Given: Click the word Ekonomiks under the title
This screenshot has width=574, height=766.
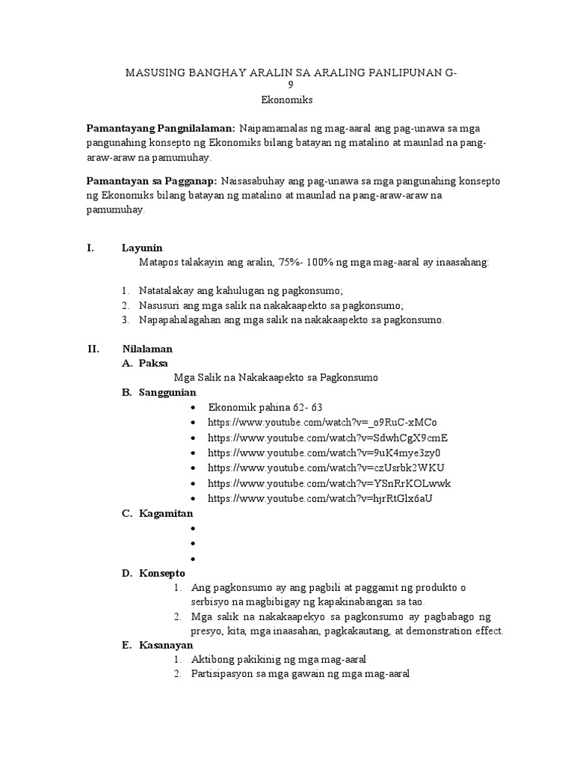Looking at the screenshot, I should tap(286, 99).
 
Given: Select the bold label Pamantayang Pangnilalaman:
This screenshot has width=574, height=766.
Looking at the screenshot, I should tap(161, 129).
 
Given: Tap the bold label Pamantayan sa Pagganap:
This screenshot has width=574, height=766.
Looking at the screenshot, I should tap(152, 181).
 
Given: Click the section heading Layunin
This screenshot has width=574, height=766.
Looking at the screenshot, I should tap(142, 248).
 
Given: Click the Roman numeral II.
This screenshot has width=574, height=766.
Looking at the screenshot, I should tap(93, 349).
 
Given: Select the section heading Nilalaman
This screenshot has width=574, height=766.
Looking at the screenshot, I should tap(147, 349).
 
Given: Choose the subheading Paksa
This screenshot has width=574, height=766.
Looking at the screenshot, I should tap(153, 363).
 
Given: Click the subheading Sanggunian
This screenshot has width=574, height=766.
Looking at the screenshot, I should tap(167, 392).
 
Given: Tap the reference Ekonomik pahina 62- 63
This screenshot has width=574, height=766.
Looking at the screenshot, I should tap(265, 408).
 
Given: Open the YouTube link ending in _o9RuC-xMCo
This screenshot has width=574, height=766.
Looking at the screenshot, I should tap(323, 423).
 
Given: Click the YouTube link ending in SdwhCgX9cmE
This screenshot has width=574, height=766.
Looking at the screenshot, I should tap(328, 438).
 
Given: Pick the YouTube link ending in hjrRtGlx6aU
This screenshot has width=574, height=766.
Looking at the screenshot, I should tap(321, 498).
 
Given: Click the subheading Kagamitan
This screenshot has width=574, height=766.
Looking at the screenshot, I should tap(166, 513).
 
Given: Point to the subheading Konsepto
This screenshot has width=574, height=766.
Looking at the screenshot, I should tap(161, 573).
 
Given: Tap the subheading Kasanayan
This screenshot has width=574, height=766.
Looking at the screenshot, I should tap(166, 645).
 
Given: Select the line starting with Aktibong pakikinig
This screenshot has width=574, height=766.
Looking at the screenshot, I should tap(278, 660).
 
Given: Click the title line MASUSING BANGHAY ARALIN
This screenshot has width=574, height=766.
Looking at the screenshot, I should tap(291, 72).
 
